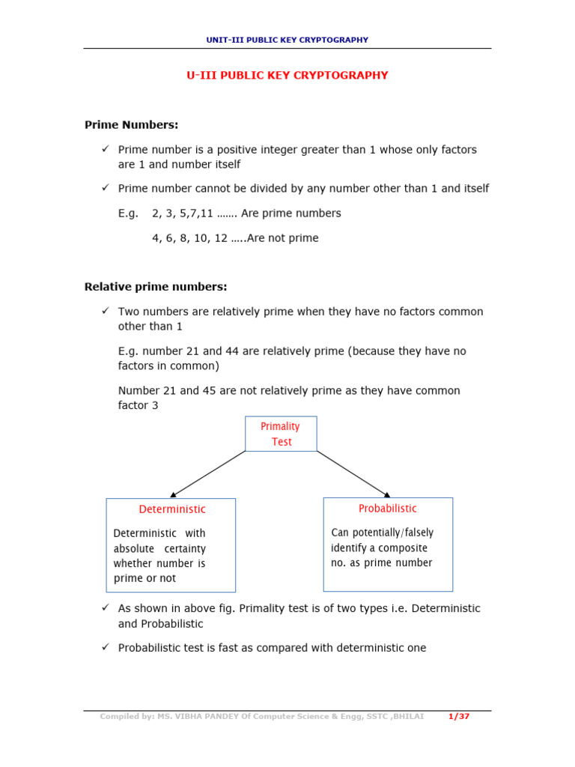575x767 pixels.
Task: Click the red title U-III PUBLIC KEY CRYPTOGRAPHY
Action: (287, 76)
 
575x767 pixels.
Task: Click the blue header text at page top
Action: (287, 40)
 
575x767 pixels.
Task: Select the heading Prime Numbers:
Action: (131, 124)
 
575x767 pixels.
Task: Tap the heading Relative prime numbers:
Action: (155, 287)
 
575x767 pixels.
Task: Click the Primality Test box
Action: (281, 434)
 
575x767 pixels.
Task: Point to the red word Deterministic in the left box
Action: (172, 509)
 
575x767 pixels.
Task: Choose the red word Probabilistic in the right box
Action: (387, 509)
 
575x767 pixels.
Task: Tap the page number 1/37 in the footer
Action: (459, 717)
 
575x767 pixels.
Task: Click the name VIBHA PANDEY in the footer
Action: (202, 717)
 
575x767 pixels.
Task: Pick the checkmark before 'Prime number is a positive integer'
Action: (106, 149)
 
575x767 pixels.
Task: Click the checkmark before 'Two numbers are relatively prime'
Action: (106, 310)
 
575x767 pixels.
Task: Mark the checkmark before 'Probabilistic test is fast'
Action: (106, 647)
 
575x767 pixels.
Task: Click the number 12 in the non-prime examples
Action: (221, 238)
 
